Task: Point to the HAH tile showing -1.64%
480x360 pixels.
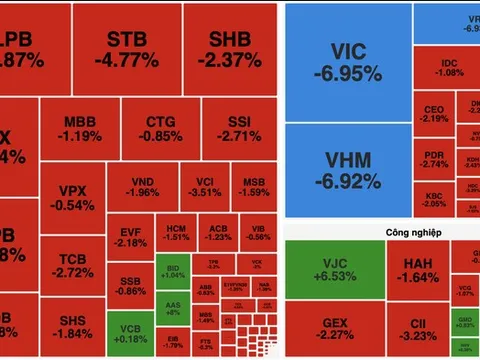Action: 418,270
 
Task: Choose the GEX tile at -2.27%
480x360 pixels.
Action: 333,330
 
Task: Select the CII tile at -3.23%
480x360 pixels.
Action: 418,330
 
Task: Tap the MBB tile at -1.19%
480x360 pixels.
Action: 79,127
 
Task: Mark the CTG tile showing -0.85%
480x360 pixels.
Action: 157,127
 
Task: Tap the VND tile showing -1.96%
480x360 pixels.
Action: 143,186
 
